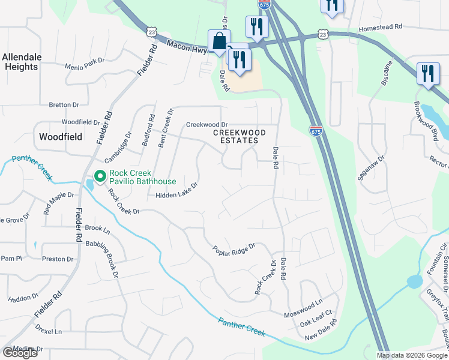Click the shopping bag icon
tap(219, 42)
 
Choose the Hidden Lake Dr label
tap(176, 191)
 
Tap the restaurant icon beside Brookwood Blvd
tap(427, 74)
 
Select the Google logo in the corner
tap(20, 353)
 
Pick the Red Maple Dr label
tap(58, 203)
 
